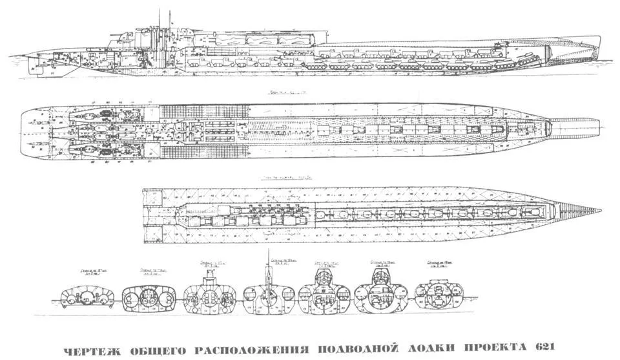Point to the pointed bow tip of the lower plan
point(598,210)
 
